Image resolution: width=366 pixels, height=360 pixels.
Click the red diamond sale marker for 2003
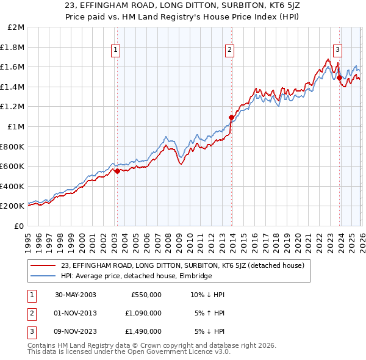click(x=118, y=171)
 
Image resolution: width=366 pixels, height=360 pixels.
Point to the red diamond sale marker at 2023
click(x=339, y=77)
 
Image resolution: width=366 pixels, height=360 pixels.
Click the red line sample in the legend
click(x=43, y=265)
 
